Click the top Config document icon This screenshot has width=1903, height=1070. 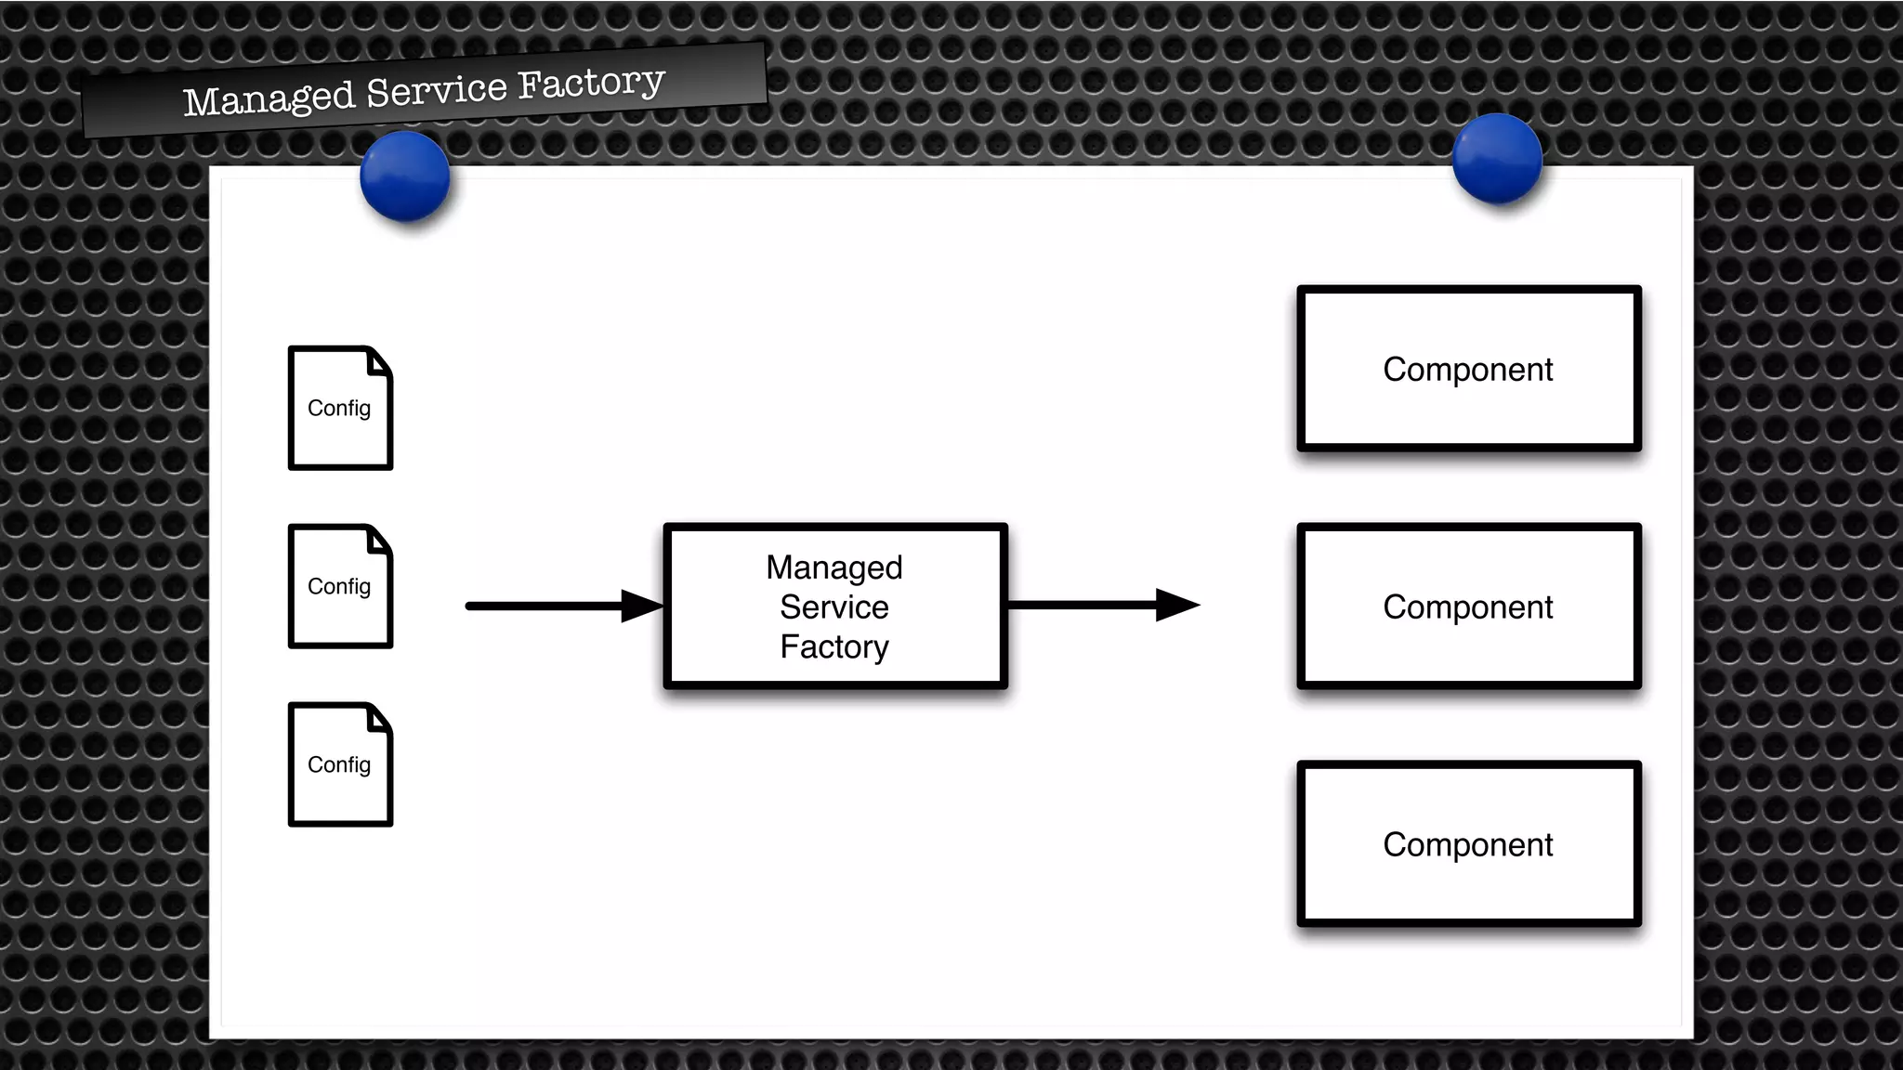tap(340, 409)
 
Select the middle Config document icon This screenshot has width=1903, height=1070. tap(340, 586)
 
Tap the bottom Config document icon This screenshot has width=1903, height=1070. tap(340, 764)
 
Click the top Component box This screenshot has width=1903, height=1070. tap(1468, 369)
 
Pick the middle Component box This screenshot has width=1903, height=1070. tap(1468, 607)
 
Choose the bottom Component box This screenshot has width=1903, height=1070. tap(1468, 844)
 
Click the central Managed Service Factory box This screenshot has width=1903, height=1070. tap(834, 607)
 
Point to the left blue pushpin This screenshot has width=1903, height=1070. tap(405, 176)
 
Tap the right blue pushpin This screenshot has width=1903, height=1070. tap(1497, 158)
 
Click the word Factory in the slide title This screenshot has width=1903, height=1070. tap(591, 83)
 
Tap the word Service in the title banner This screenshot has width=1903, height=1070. tap(437, 90)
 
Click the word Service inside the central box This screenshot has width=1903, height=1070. tap(834, 607)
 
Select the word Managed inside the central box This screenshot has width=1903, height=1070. tap(834, 568)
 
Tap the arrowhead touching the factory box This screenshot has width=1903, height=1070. tap(643, 607)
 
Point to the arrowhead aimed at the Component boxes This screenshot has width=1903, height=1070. tap(1177, 606)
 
